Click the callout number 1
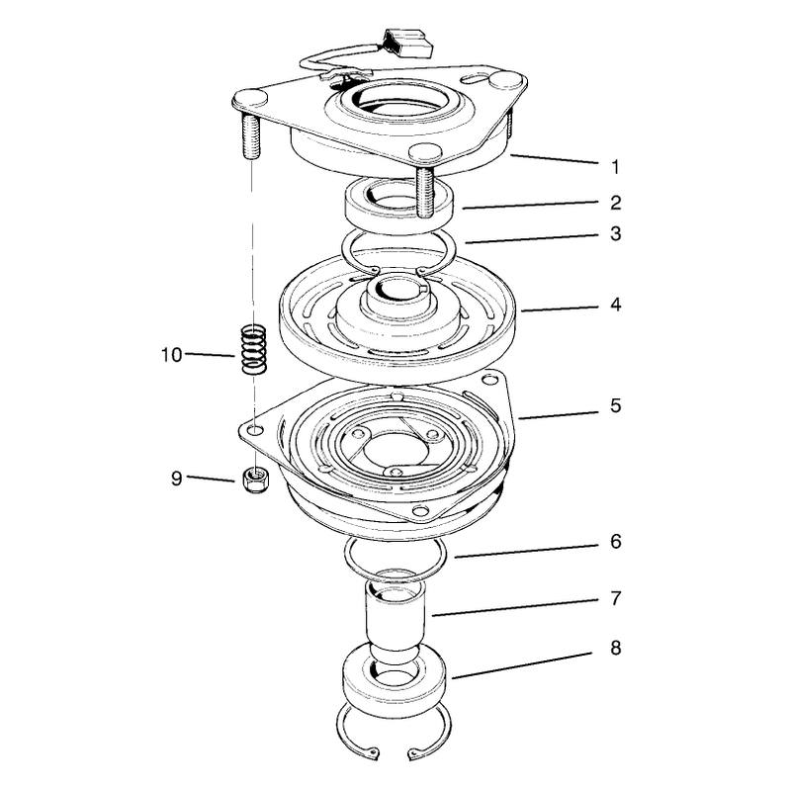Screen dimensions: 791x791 pos(615,166)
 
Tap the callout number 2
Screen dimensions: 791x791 pos(615,203)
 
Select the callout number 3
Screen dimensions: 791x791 pos(615,234)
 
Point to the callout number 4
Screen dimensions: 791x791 pos(615,305)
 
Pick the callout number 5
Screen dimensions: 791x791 pos(615,405)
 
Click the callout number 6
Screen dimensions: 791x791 pos(615,541)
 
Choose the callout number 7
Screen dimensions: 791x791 pos(615,598)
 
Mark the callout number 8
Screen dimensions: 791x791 pos(615,648)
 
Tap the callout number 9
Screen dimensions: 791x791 pos(176,479)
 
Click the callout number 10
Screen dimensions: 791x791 pos(171,355)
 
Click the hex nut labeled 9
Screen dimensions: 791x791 pos(255,480)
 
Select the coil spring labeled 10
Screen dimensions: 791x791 pos(253,349)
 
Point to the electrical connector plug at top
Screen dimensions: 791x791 pos(408,44)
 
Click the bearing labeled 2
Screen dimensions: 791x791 pos(400,205)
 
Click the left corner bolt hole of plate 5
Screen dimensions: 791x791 pos(256,430)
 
